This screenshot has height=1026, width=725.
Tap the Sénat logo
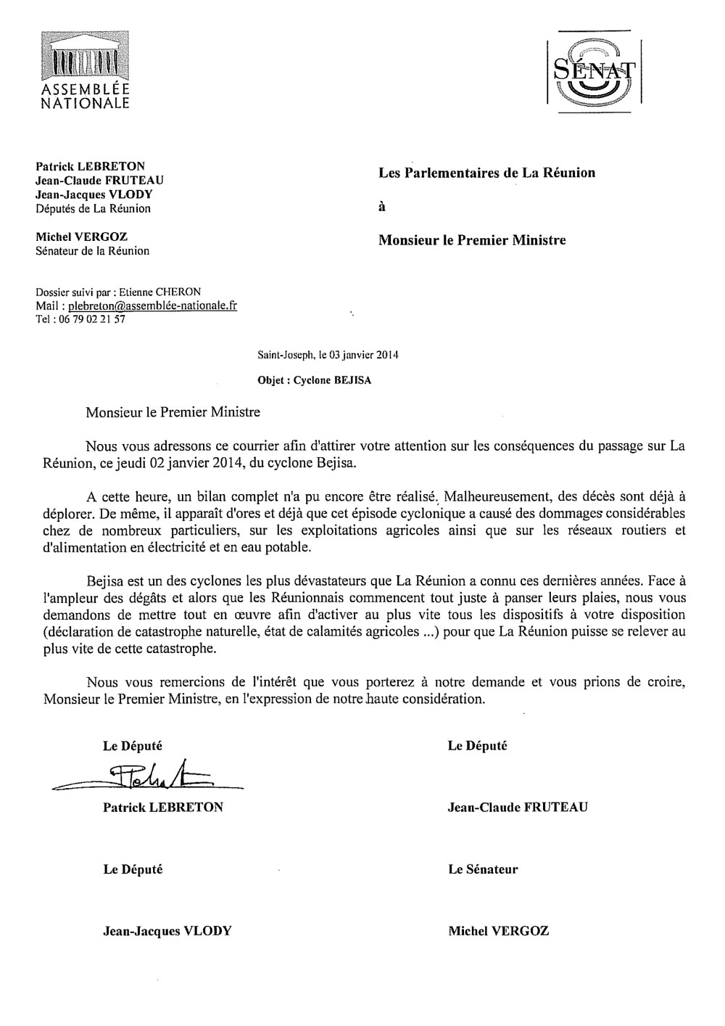(594, 73)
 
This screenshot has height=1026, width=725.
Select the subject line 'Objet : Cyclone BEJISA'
(314, 380)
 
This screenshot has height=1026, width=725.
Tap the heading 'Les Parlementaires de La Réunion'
(486, 173)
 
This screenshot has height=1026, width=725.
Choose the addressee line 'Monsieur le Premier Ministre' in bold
(472, 240)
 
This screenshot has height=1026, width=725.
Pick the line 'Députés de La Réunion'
(93, 209)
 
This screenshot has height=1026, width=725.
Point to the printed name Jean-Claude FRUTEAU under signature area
(518, 807)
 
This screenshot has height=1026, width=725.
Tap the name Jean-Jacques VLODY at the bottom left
(167, 931)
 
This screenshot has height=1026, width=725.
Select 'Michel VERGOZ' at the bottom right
(498, 931)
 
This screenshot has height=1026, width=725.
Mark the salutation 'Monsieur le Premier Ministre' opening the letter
(173, 414)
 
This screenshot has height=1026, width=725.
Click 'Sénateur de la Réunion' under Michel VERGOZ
(92, 251)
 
